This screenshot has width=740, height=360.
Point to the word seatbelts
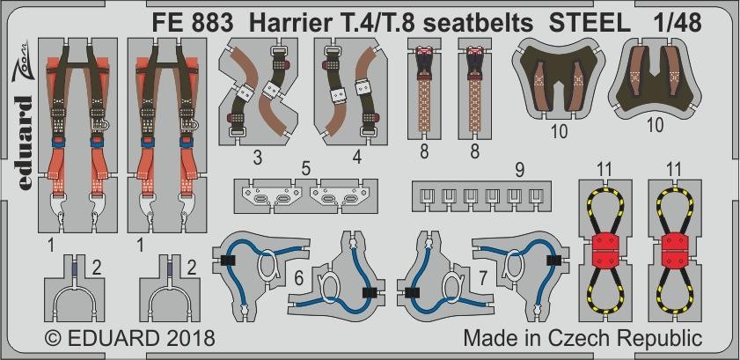[x=479, y=24]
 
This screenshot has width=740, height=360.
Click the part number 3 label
[x=257, y=158]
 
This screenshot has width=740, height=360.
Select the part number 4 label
[x=357, y=158]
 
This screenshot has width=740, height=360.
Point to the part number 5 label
[x=306, y=170]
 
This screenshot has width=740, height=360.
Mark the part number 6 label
[x=299, y=279]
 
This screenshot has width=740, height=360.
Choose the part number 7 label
[x=483, y=279]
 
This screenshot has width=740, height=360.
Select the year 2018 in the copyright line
[x=189, y=338]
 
